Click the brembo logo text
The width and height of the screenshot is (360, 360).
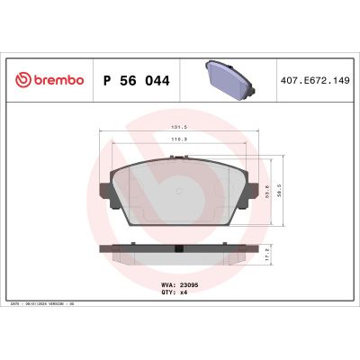(x=55, y=80)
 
